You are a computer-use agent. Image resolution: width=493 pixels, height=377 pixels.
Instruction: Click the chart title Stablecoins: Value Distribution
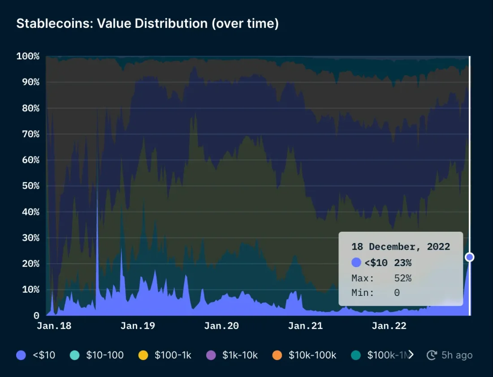tap(147, 24)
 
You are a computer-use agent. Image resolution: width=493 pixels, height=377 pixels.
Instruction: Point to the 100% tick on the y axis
tap(28, 56)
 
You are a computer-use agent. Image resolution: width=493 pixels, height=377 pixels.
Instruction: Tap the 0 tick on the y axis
tap(36, 316)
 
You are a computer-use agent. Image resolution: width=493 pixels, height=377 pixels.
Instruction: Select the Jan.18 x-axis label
tap(54, 326)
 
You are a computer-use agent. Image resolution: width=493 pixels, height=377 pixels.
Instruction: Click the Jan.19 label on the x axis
tap(138, 326)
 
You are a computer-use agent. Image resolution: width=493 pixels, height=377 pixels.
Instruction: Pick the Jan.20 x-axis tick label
tap(221, 326)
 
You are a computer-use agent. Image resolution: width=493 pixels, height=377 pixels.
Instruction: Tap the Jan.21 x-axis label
tap(305, 326)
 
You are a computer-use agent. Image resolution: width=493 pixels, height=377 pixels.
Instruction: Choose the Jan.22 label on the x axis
tap(389, 326)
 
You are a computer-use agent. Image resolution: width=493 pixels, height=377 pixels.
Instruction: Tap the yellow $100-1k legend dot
tap(143, 355)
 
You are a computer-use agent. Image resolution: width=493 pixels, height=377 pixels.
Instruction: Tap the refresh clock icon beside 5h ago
tap(432, 355)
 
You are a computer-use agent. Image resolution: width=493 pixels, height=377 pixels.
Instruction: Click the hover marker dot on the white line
tap(469, 257)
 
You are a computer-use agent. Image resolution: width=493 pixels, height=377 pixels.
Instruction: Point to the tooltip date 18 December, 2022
tap(401, 247)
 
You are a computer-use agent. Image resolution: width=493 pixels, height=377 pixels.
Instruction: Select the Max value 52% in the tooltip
tap(402, 278)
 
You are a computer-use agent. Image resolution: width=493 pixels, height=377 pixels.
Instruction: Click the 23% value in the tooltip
tap(402, 263)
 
